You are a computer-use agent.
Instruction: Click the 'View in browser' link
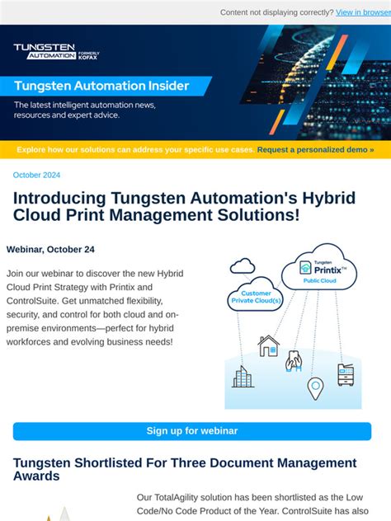[362, 12]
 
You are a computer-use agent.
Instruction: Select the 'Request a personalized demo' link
[315, 150]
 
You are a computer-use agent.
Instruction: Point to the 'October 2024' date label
[37, 175]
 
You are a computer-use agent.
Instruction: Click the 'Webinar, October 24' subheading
[50, 249]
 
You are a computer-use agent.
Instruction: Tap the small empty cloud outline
[243, 265]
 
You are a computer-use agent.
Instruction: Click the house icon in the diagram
[268, 345]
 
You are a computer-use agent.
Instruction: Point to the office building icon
[243, 377]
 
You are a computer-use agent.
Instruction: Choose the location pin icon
[315, 387]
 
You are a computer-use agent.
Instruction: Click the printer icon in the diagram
[346, 375]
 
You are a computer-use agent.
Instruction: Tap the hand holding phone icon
[294, 360]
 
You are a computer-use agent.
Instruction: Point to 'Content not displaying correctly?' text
[276, 12]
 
